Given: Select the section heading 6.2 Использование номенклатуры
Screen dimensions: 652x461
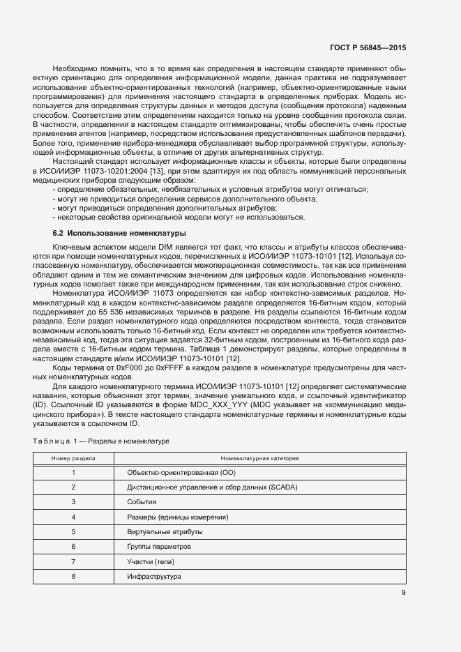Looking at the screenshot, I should point(119,232).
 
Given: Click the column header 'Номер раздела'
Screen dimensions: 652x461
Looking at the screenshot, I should point(73,458).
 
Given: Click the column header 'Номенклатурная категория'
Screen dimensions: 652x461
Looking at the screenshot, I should point(259,458).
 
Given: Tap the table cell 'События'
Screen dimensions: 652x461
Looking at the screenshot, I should point(142,502).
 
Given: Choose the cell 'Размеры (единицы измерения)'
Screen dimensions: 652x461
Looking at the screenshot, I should point(178,517).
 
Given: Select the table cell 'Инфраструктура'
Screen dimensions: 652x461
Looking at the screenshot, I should point(153,576).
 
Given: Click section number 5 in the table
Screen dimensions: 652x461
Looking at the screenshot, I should point(73,531).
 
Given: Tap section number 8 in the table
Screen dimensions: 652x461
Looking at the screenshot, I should point(73,576).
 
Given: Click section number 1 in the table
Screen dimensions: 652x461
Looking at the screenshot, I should point(73,473).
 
